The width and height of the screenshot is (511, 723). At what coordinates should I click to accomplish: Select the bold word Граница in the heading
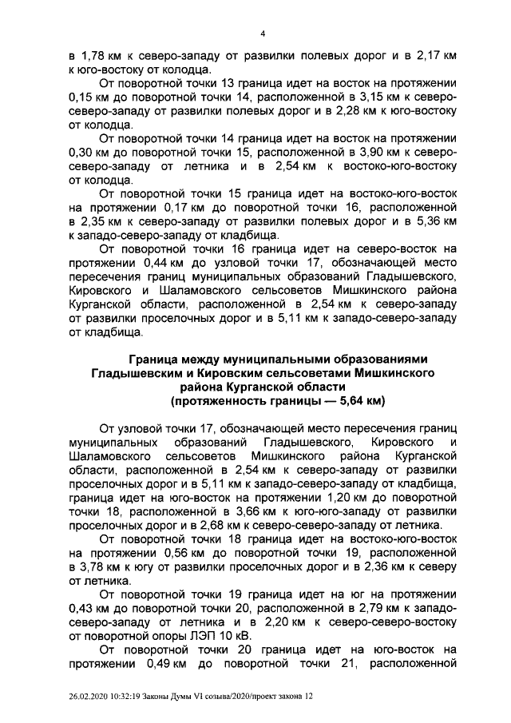click(x=160, y=360)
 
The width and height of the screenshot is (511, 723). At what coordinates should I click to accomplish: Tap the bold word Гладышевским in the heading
click(x=140, y=373)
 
